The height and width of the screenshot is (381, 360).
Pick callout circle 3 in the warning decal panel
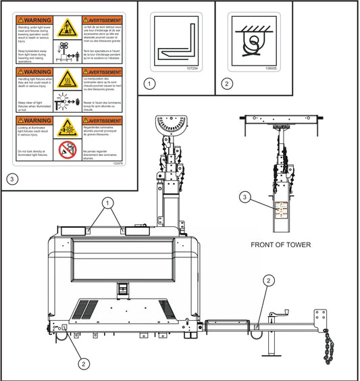(x=11, y=179)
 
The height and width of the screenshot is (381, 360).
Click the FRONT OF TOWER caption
(x=280, y=245)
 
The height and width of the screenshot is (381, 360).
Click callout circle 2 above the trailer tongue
(x=269, y=280)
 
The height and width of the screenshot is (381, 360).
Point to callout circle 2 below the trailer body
(x=83, y=363)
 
